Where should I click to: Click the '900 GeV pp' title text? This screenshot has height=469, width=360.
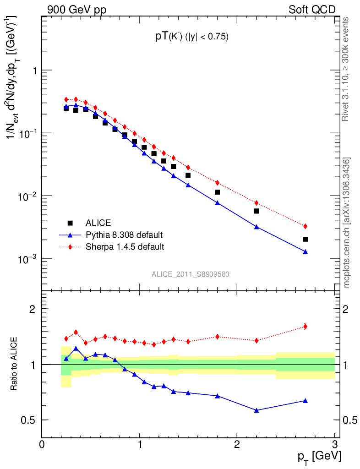pos(74,10)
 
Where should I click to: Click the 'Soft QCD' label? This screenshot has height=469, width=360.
pos(312,10)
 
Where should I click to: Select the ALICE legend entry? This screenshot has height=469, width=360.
pos(98,223)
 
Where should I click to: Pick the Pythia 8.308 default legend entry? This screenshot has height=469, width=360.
pos(124,235)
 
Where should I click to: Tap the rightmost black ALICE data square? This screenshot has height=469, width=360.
pos(305,239)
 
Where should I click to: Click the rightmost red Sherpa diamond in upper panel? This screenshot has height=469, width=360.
pos(305,226)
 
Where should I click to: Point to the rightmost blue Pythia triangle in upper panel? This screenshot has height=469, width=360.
pos(305,252)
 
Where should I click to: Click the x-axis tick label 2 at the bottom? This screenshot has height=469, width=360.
pos(237,444)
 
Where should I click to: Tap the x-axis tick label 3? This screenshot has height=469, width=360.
pos(334,444)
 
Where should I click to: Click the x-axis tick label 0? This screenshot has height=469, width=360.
pos(42,444)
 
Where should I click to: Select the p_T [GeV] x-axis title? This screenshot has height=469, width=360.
pos(319,456)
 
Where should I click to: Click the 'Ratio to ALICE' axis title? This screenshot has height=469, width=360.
pos(15,364)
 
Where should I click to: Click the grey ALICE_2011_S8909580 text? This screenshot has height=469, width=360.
pos(191,274)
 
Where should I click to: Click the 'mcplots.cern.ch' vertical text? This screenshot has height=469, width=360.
pos(347,222)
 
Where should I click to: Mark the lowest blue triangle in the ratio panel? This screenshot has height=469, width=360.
pos(256,410)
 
